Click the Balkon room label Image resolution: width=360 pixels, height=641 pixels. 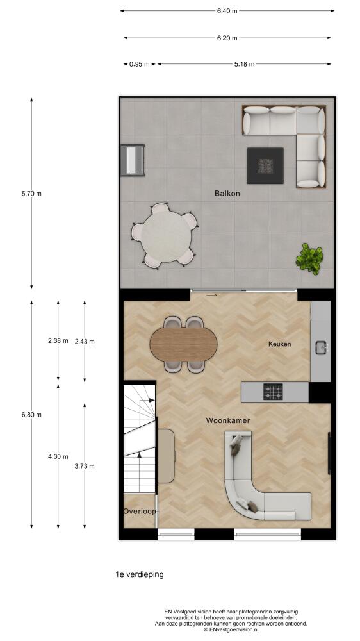click(x=227, y=194)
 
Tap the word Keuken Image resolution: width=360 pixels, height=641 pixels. click(x=279, y=344)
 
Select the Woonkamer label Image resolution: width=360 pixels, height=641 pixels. click(x=227, y=420)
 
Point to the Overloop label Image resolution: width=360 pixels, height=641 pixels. click(x=140, y=511)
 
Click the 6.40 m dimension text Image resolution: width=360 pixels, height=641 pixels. click(x=227, y=11)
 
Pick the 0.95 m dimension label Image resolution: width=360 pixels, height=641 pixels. click(x=140, y=63)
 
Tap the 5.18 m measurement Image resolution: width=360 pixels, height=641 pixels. click(x=244, y=63)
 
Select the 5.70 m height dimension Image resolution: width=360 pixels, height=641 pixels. click(x=31, y=194)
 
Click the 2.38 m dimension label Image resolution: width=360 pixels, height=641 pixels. click(x=58, y=340)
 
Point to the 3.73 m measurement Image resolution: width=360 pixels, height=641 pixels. click(x=85, y=466)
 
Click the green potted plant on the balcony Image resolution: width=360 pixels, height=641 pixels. click(x=310, y=258)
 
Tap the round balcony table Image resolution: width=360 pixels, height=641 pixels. click(x=166, y=237)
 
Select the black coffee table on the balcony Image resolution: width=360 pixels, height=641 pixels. click(x=265, y=165)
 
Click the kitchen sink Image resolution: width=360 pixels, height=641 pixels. click(x=322, y=348)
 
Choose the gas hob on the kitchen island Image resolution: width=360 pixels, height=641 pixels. click(x=273, y=391)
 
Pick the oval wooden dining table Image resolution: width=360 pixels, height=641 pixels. click(x=183, y=345)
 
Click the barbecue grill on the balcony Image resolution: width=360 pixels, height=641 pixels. click(x=133, y=160)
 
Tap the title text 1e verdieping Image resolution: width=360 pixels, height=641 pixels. click(x=140, y=574)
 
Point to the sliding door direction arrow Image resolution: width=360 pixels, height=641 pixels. click(x=211, y=295)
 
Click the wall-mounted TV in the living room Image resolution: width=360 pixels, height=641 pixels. click(x=329, y=453)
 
